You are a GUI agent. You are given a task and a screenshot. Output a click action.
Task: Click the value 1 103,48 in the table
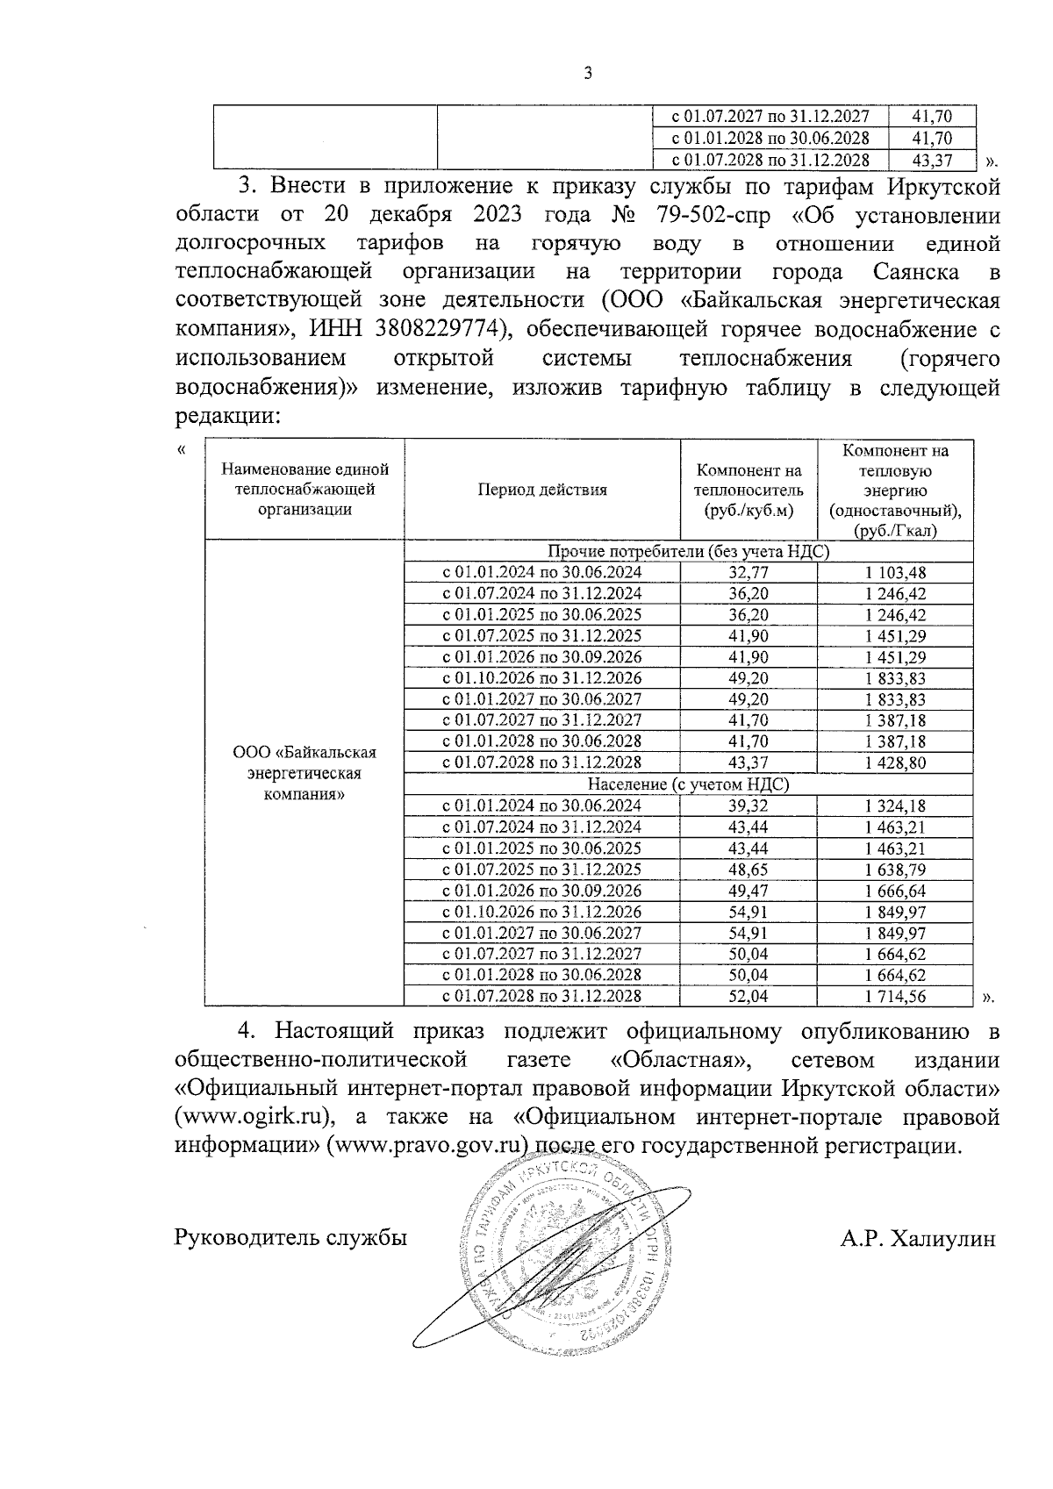tap(895, 573)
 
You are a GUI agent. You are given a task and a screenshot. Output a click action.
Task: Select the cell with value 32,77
tap(749, 573)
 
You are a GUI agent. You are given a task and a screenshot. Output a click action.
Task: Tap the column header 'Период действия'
tap(542, 490)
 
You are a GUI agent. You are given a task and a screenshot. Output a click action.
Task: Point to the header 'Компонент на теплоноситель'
tap(749, 490)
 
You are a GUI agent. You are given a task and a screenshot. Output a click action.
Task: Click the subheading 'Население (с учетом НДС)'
tap(688, 784)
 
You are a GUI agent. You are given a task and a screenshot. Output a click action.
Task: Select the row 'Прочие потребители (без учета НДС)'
tap(688, 552)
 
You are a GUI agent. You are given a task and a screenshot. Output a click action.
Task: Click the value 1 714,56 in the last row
tap(895, 996)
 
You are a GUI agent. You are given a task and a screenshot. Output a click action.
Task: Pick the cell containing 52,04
tap(749, 996)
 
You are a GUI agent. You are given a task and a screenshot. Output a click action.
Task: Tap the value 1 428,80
tap(895, 762)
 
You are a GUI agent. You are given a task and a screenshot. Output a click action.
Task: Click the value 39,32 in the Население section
tap(749, 805)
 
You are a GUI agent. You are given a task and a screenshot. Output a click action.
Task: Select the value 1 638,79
tap(895, 870)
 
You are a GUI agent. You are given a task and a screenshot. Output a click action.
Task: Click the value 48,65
tap(749, 870)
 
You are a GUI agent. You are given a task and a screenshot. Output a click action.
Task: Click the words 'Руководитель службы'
tap(291, 1239)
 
